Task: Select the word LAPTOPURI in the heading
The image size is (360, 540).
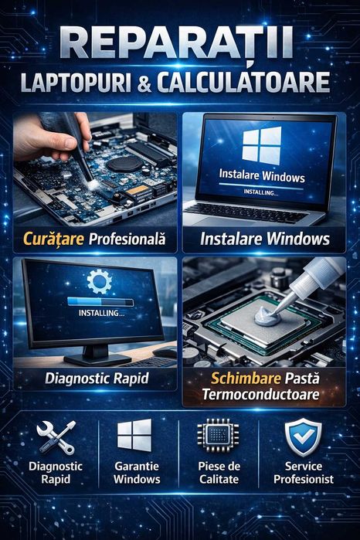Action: [86, 83]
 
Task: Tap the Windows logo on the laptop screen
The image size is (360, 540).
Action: [261, 145]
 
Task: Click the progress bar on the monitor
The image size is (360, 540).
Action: [100, 302]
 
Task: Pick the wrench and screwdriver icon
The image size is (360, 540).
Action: [56, 437]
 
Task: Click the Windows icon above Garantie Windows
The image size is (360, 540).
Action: [134, 436]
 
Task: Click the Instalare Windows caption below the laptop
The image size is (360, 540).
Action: [264, 239]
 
